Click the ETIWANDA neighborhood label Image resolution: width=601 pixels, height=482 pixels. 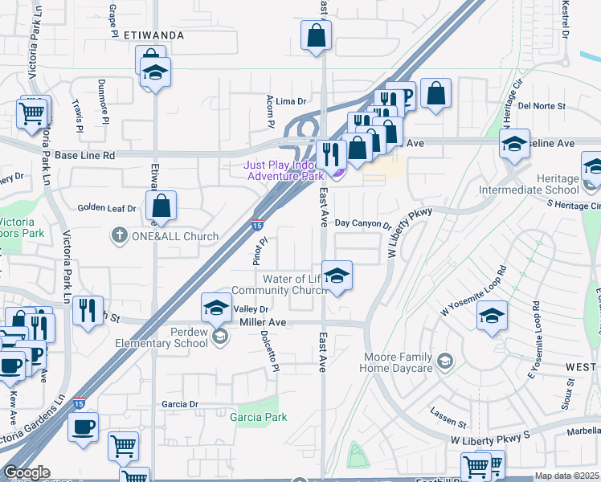[x=154, y=35]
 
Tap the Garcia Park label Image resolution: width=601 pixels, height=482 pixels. [x=258, y=417]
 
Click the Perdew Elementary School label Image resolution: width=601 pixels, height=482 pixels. [x=173, y=337]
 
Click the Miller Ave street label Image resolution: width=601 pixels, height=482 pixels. [x=264, y=321]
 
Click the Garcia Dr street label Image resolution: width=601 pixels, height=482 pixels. [x=179, y=404]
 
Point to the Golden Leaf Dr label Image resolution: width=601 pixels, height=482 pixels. [x=107, y=207]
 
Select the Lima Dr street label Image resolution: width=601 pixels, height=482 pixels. [x=292, y=101]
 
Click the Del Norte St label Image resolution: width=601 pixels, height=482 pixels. [x=542, y=105]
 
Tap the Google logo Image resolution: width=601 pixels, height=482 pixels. [x=27, y=472]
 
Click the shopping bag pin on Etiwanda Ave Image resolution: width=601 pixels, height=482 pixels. [x=162, y=206]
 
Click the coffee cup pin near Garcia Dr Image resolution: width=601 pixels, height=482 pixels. [x=83, y=427]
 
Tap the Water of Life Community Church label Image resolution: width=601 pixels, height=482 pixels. [x=276, y=284]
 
